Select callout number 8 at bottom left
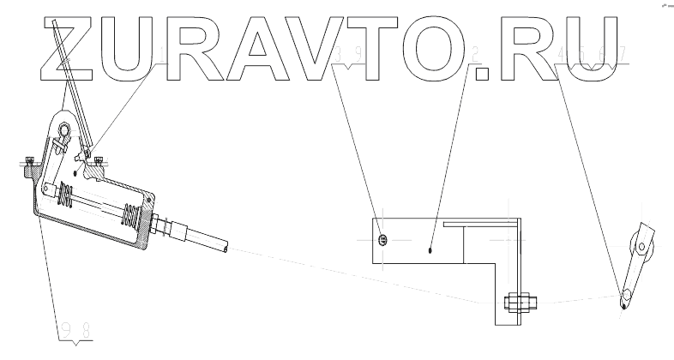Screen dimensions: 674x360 pyautogui.click(x=87, y=327)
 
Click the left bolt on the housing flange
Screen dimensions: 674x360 pyautogui.click(x=29, y=160)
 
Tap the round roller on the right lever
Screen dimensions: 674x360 pyautogui.click(x=642, y=249)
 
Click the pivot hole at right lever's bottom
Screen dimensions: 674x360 pyautogui.click(x=625, y=297)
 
